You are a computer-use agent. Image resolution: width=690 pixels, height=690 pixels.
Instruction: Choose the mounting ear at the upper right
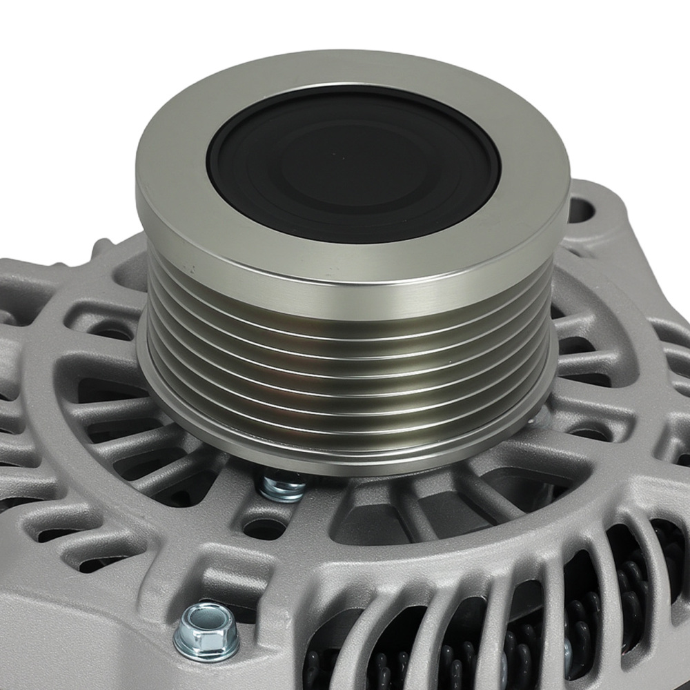[x=593, y=221]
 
